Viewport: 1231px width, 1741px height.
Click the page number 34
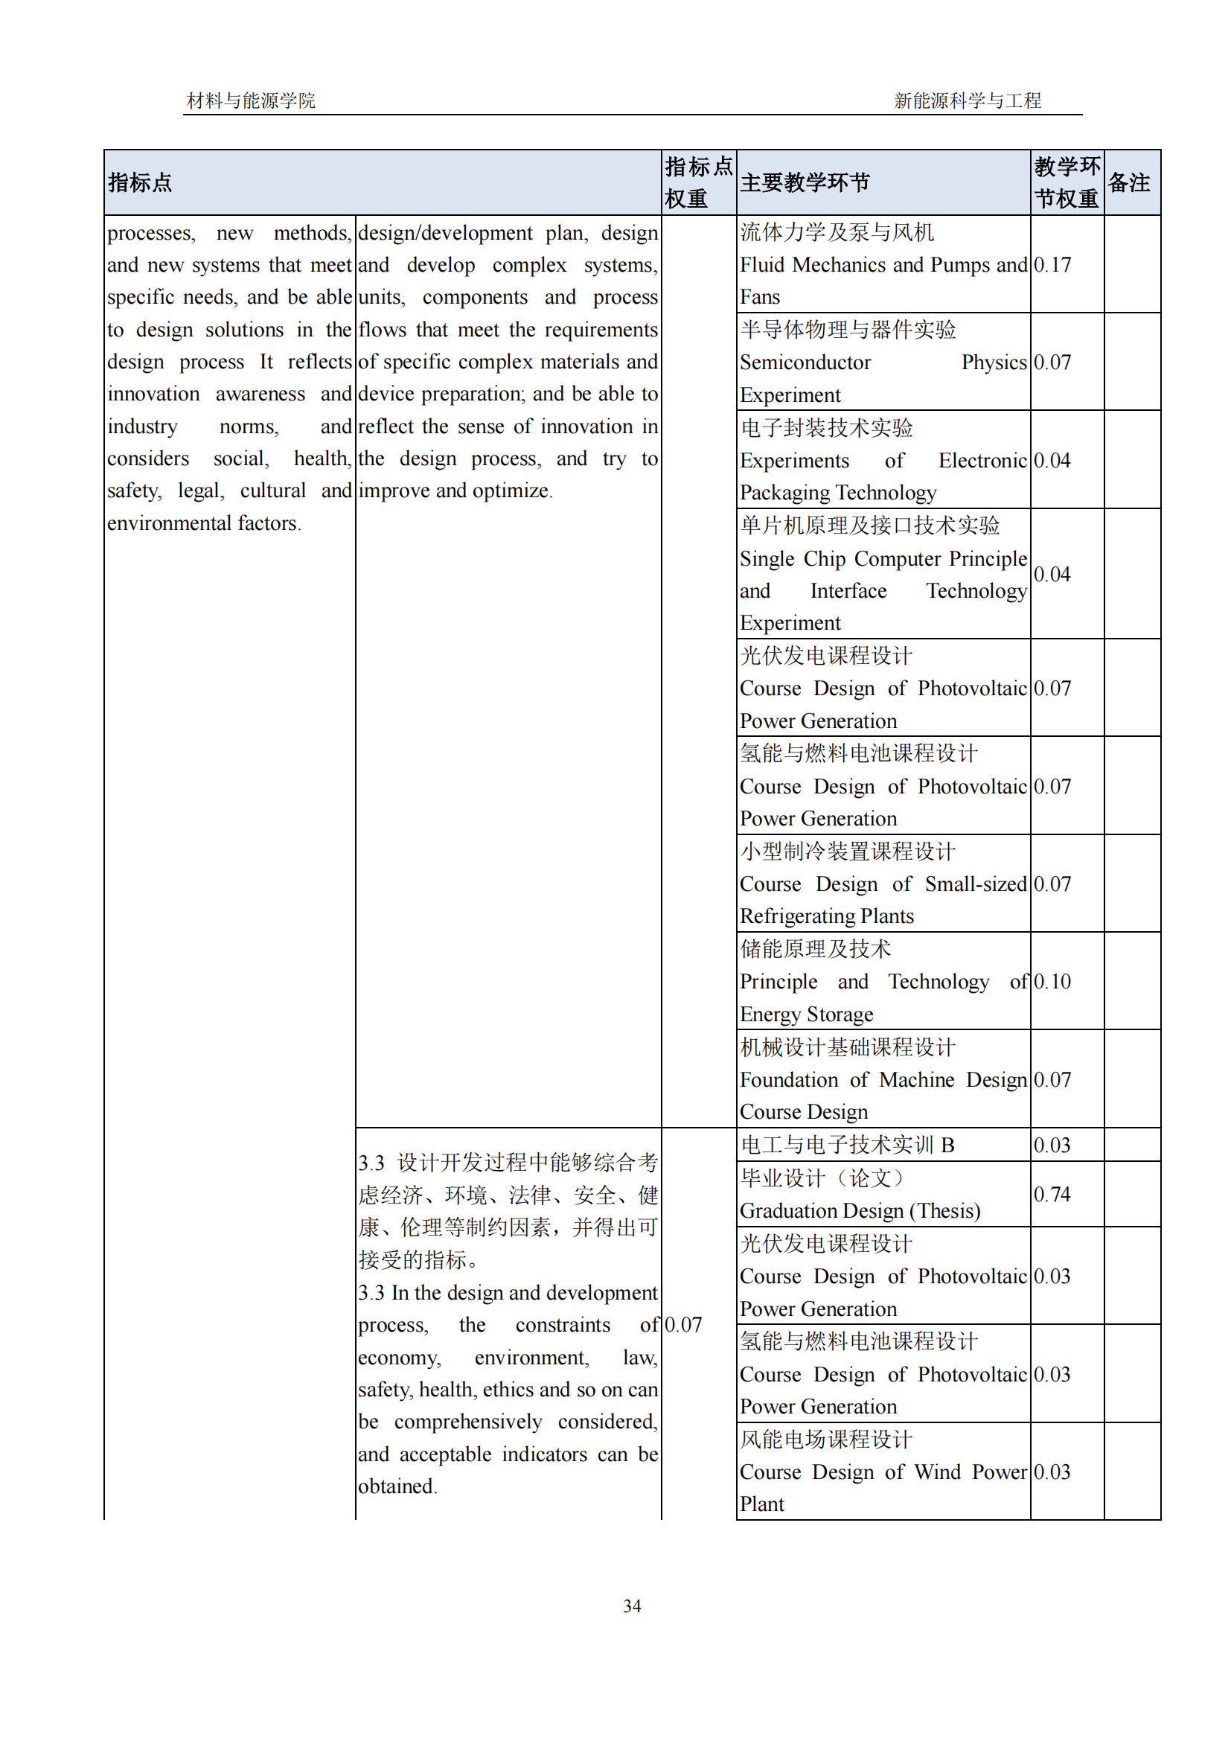(631, 1606)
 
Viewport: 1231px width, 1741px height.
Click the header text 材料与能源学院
(251, 100)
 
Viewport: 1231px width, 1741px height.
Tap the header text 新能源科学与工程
(968, 100)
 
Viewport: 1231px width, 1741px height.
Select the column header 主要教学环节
(805, 183)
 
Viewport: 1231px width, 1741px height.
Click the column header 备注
(1129, 183)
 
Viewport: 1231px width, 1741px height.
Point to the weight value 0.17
(1052, 265)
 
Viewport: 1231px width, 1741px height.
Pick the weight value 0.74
(1052, 1193)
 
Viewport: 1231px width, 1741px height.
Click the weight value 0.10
(1052, 981)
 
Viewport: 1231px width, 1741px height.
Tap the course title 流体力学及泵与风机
(837, 232)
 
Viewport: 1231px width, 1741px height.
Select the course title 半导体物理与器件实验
(848, 329)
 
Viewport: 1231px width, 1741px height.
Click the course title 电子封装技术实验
(826, 428)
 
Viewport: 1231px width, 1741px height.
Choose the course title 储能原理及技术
(816, 948)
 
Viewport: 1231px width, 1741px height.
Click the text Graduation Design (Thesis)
(860, 1210)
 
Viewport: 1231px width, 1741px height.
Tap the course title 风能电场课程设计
(826, 1439)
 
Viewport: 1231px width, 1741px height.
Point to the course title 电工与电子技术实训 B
(847, 1144)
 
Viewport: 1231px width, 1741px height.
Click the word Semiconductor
(805, 362)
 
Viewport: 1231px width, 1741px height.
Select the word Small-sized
(976, 884)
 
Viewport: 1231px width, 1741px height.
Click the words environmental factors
(203, 523)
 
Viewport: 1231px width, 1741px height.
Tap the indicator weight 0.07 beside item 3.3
(683, 1324)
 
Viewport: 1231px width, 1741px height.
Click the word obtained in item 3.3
(397, 1486)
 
